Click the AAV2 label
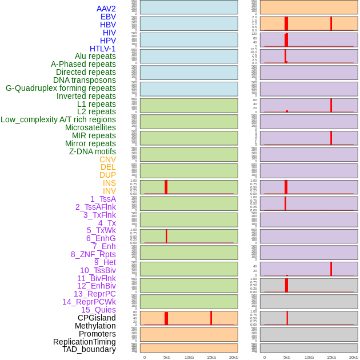(x=106, y=9)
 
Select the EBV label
(x=107, y=17)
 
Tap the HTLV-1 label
(x=102, y=49)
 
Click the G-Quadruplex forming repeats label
(x=61, y=88)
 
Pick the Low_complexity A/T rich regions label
(x=58, y=119)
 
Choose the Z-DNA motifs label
(x=92, y=151)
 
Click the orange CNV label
(x=107, y=159)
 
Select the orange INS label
(x=109, y=183)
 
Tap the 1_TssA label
(x=103, y=199)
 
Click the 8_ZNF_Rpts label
(x=93, y=254)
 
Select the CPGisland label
(x=97, y=318)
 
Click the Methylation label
(x=95, y=326)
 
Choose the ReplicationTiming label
(x=84, y=342)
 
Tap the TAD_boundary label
(x=89, y=349)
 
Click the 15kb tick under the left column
(x=211, y=357)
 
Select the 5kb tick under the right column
(x=286, y=357)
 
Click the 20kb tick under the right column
(x=353, y=357)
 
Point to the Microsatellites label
(x=90, y=127)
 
